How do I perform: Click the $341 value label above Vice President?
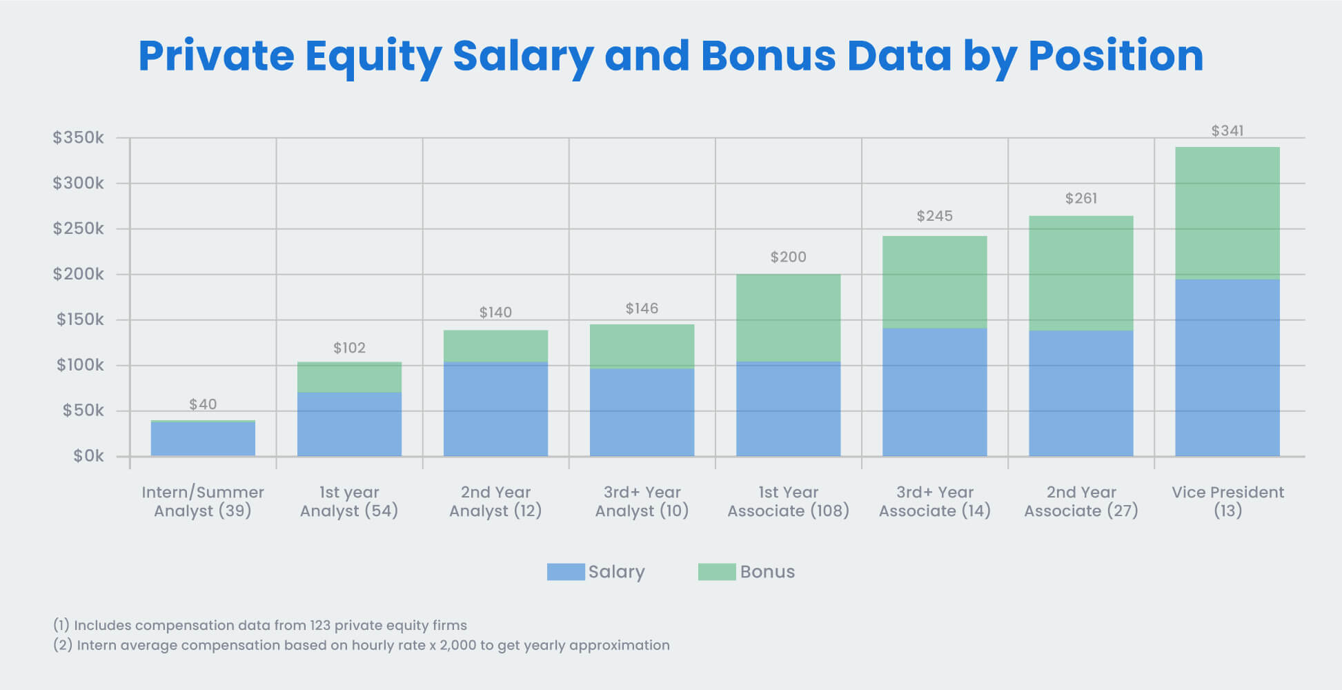(x=1227, y=130)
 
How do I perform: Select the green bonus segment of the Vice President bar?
(x=1227, y=213)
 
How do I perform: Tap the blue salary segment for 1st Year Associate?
(x=788, y=408)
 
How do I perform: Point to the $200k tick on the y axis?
(x=79, y=274)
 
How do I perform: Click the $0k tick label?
(x=88, y=456)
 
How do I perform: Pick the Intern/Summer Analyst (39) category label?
(x=202, y=502)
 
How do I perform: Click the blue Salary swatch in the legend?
(x=565, y=572)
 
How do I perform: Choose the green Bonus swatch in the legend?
(x=716, y=572)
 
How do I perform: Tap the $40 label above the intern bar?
(x=203, y=404)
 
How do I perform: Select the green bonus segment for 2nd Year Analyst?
(x=495, y=346)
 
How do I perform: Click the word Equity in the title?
(x=373, y=56)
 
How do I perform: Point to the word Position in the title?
(x=1115, y=56)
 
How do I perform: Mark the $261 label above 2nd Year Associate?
(x=1080, y=199)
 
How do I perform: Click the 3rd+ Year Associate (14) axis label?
(x=934, y=502)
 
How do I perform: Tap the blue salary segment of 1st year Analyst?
(x=349, y=424)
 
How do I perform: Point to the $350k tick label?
(x=79, y=137)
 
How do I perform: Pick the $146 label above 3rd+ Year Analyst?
(x=642, y=308)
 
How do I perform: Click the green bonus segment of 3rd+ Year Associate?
(x=934, y=282)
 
